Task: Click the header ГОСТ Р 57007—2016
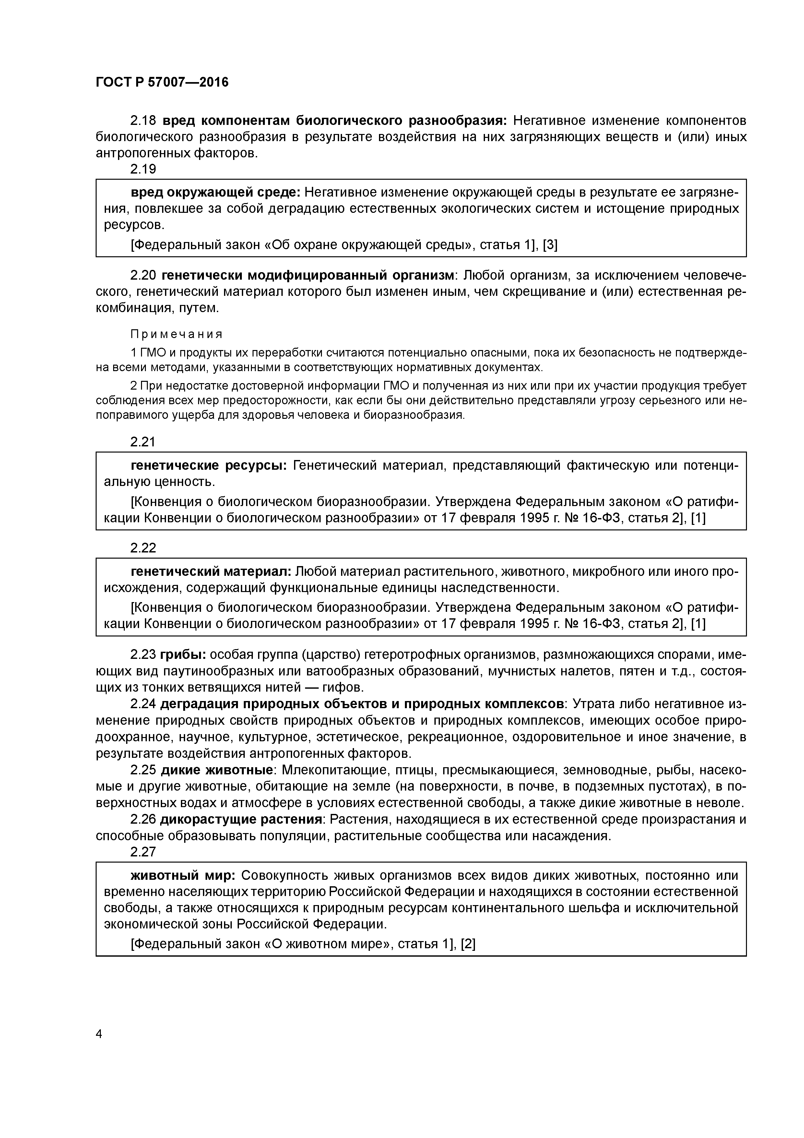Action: pyautogui.click(x=162, y=82)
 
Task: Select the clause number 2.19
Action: pyautogui.click(x=143, y=170)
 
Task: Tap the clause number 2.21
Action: pyautogui.click(x=143, y=442)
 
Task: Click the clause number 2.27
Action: pyautogui.click(x=143, y=852)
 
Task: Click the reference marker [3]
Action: pyautogui.click(x=550, y=245)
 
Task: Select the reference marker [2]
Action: pyautogui.click(x=467, y=944)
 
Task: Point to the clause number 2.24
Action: pyautogui.click(x=143, y=704)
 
